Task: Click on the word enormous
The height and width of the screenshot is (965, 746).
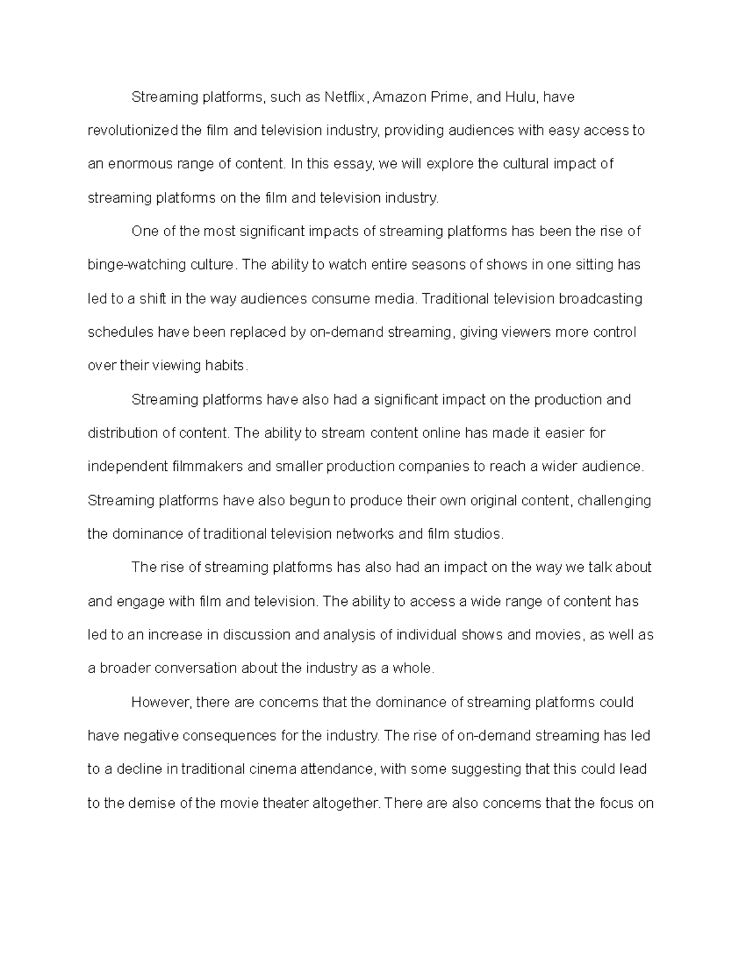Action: (x=136, y=165)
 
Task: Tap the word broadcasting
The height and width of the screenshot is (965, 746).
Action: (x=601, y=299)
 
